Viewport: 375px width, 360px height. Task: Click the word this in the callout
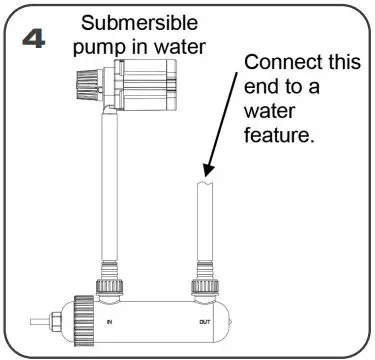pyautogui.click(x=341, y=63)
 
